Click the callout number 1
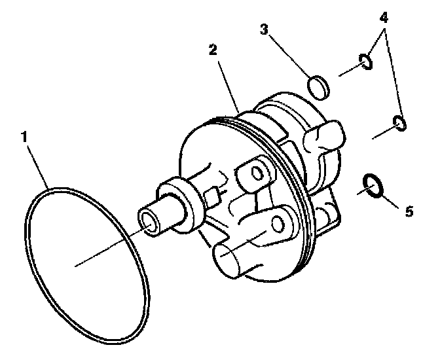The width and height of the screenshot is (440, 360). click(24, 137)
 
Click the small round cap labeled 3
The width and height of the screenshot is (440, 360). click(318, 87)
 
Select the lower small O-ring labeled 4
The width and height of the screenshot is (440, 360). click(398, 122)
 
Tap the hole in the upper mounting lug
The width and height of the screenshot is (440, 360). click(257, 173)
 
